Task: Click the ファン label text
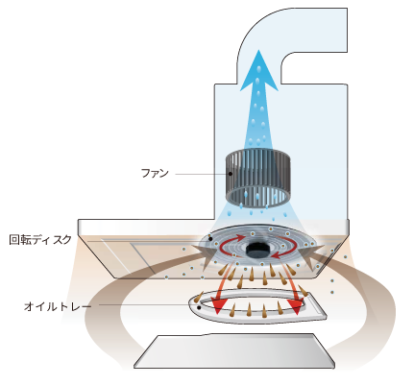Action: (155, 174)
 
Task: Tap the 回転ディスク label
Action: (40, 239)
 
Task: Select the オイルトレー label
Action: (58, 306)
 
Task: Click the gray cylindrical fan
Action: (258, 179)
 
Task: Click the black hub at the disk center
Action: (258, 250)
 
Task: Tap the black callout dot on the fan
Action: (231, 174)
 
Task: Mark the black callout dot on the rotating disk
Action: (210, 238)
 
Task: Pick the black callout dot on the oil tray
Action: (199, 307)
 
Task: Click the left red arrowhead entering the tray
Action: (218, 306)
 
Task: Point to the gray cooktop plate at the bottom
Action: (234, 351)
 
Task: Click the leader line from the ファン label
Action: (202, 174)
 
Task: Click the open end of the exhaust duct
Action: (347, 30)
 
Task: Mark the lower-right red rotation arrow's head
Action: (276, 255)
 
